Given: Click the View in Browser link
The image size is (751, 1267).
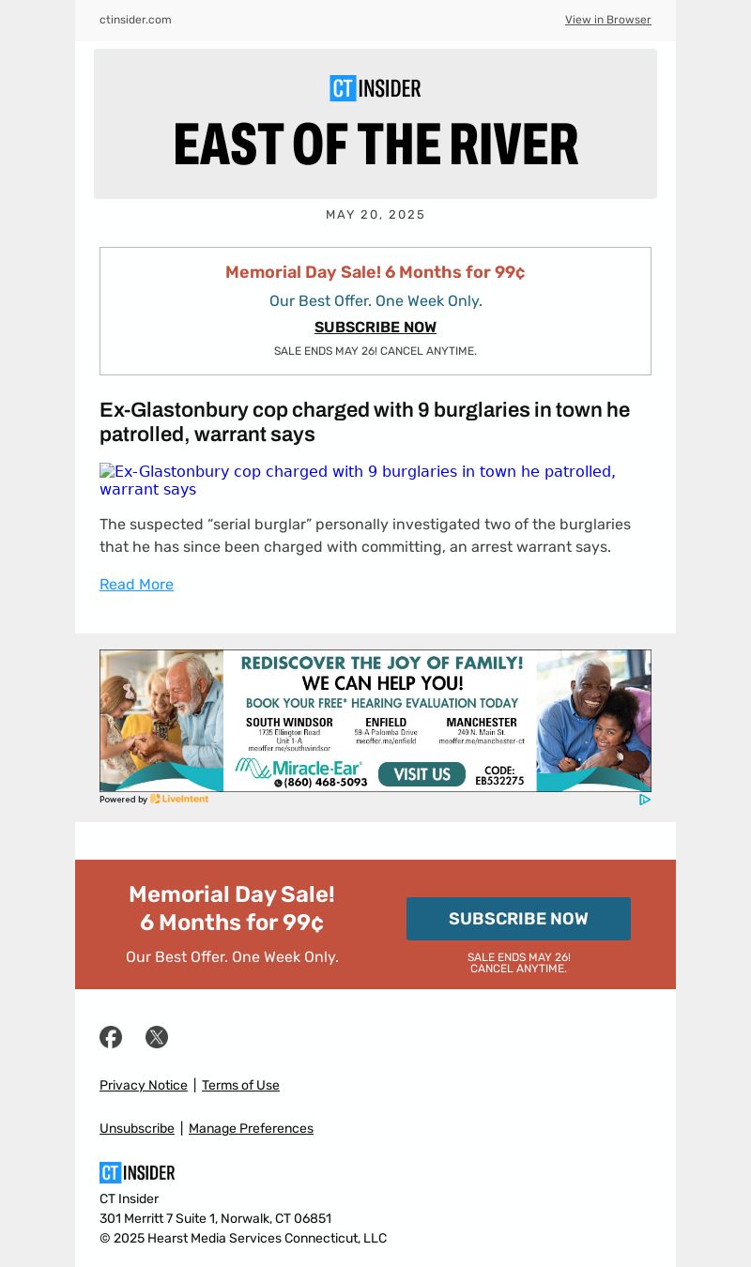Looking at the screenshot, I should coord(607,20).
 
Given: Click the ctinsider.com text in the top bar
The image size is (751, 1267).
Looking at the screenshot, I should coord(135,20).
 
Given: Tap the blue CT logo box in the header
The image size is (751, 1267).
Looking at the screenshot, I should coord(343,88).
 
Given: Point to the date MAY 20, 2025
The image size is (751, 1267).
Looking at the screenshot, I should coord(375,215).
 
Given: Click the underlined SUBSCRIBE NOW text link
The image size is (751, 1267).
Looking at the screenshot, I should coord(375,328).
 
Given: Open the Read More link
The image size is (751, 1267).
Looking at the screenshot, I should coord(136,585).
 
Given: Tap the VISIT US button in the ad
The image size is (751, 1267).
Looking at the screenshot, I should coord(421,774).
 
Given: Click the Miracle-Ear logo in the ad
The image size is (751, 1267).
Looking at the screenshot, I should coord(300,769).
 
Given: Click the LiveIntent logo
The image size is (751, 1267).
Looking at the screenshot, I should coord(179,800).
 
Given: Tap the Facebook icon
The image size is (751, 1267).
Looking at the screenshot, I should coord(111,1037).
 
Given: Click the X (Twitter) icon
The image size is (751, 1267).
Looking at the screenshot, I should coord(157,1037).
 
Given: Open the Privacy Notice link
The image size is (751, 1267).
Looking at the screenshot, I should coord(144,1086).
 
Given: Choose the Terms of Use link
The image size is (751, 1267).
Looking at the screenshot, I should coord(240,1086).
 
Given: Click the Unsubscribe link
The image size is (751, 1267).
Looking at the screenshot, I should coord(137,1129).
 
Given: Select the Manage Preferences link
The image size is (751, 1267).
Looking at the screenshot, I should coord(251,1129).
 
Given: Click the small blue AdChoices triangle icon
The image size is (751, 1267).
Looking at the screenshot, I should coord(645,800).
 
